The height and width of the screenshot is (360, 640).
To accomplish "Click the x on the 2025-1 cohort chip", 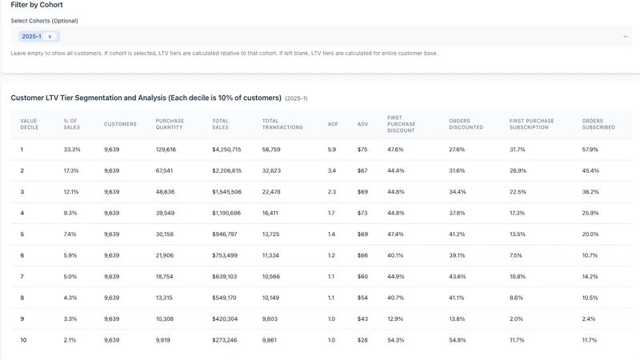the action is click(x=50, y=37).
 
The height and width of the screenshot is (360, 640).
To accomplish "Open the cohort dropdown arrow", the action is click(x=626, y=37).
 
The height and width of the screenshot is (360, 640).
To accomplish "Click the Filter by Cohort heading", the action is click(x=37, y=5).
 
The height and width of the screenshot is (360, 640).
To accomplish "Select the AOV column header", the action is click(x=363, y=124).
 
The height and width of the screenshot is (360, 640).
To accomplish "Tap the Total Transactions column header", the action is click(x=282, y=124).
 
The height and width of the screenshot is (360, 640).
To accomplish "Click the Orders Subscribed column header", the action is click(x=598, y=124).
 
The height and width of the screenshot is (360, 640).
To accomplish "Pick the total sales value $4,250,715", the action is click(x=226, y=150).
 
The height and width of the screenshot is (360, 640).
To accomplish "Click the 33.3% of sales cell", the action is click(x=72, y=150).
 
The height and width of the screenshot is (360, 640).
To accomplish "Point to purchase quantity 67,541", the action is click(x=164, y=170).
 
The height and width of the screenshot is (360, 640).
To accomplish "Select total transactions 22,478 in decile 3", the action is click(x=271, y=192).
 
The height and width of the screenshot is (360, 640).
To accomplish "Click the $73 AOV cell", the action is click(x=362, y=213).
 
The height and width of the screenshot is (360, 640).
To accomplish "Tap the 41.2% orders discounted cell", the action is click(x=457, y=234).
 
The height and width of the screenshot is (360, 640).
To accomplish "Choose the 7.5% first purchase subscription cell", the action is click(x=515, y=255).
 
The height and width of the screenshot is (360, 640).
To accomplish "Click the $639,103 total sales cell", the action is click(x=225, y=277).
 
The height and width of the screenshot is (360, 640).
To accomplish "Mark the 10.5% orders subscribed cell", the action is click(x=590, y=298).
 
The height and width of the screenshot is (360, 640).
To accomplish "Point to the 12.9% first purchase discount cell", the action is click(x=395, y=319).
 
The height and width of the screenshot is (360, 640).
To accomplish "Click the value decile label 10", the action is click(x=23, y=340).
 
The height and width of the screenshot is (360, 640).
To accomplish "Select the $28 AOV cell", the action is click(x=362, y=340).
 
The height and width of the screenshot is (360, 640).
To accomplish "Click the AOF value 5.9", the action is click(x=332, y=150).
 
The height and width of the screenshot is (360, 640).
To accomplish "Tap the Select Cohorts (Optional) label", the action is click(x=44, y=21).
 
